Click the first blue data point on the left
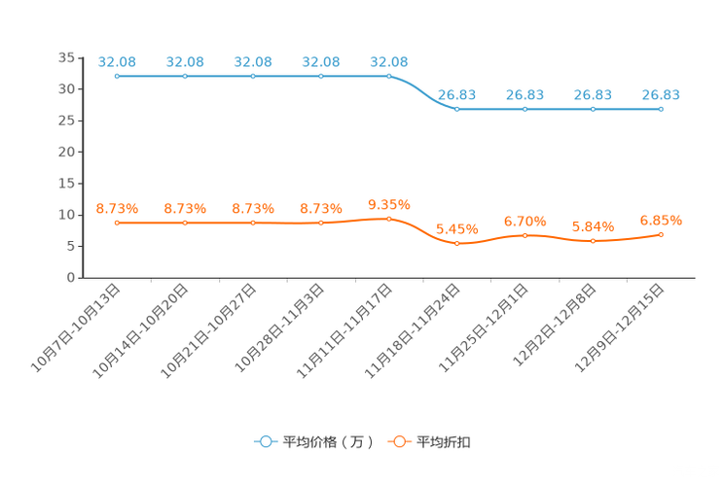[117, 76]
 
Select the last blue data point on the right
[661, 108]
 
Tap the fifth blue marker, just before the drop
[389, 76]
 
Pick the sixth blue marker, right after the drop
[457, 108]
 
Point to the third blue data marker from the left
[253, 76]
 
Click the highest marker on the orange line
[389, 219]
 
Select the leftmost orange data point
[117, 223]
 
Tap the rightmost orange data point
[661, 234]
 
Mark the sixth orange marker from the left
[457, 243]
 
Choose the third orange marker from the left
[253, 223]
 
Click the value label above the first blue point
[117, 62]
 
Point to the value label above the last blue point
[661, 94]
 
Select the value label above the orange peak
[389, 204]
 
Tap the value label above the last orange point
[661, 221]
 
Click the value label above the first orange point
[117, 208]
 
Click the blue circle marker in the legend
[264, 442]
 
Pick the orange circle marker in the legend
[398, 442]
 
